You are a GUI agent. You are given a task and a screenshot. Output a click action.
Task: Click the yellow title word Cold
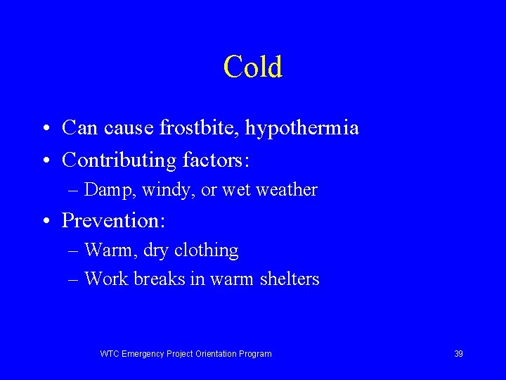(253, 67)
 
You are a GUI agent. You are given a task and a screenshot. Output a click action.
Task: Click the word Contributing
(119, 160)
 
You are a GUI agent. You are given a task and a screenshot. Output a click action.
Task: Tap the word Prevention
(112, 220)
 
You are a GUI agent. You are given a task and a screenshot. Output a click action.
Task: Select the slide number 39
(458, 354)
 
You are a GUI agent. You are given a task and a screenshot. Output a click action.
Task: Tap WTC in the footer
(110, 354)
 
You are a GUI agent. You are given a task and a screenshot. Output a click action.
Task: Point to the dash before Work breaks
(74, 280)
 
